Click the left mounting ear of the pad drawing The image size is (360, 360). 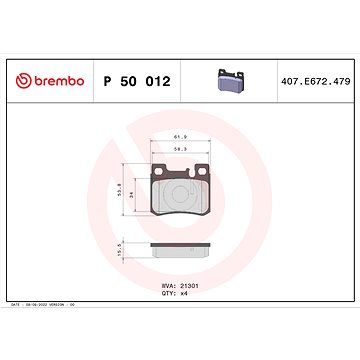click(x=157, y=167)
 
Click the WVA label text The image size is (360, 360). click(x=167, y=284)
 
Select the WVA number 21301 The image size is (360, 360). click(x=189, y=284)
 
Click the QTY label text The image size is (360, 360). click(x=167, y=293)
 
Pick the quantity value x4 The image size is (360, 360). click(x=183, y=293)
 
